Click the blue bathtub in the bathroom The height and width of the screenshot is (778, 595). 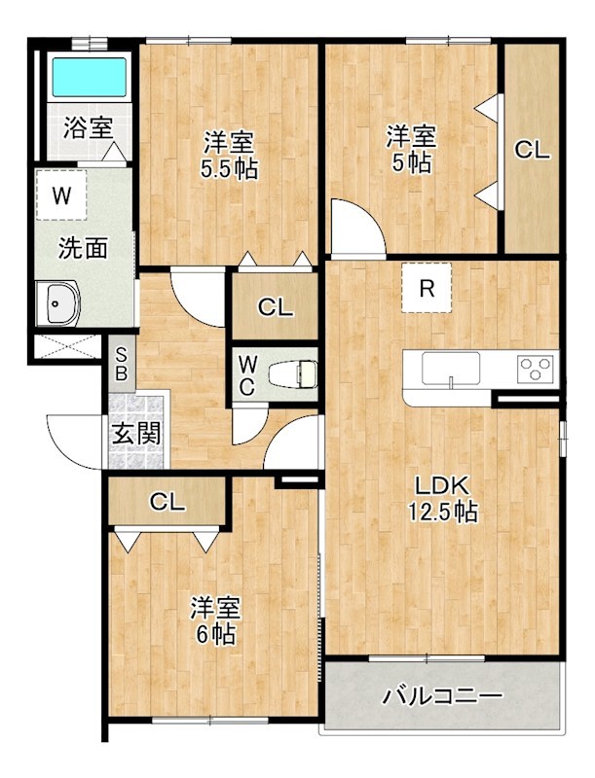coord(90,78)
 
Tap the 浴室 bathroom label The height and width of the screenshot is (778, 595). coord(88,128)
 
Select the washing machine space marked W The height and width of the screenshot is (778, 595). coord(61,195)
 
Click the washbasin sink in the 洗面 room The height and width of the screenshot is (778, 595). coord(57,303)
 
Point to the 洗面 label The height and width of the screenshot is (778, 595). coord(83,248)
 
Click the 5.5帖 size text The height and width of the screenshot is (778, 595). coord(229,169)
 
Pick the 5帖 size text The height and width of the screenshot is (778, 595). coord(412,162)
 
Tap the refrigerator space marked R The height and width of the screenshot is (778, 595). coord(427,288)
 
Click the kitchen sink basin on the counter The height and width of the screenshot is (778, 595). coord(451,369)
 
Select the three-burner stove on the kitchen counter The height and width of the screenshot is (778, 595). coord(536,370)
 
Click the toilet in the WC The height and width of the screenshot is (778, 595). coord(292,374)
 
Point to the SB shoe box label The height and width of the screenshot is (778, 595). coord(120,364)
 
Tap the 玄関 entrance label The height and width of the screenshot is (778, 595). coord(136,434)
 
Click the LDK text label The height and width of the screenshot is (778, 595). coord(442,486)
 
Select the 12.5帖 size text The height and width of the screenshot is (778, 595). coord(443,512)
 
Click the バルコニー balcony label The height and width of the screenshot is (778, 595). coord(441,697)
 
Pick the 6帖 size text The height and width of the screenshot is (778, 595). coord(216,634)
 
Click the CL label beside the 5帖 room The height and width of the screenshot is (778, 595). coord(532,150)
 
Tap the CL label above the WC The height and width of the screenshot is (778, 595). coord(276,308)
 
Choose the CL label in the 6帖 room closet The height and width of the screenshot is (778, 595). coord(167,503)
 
